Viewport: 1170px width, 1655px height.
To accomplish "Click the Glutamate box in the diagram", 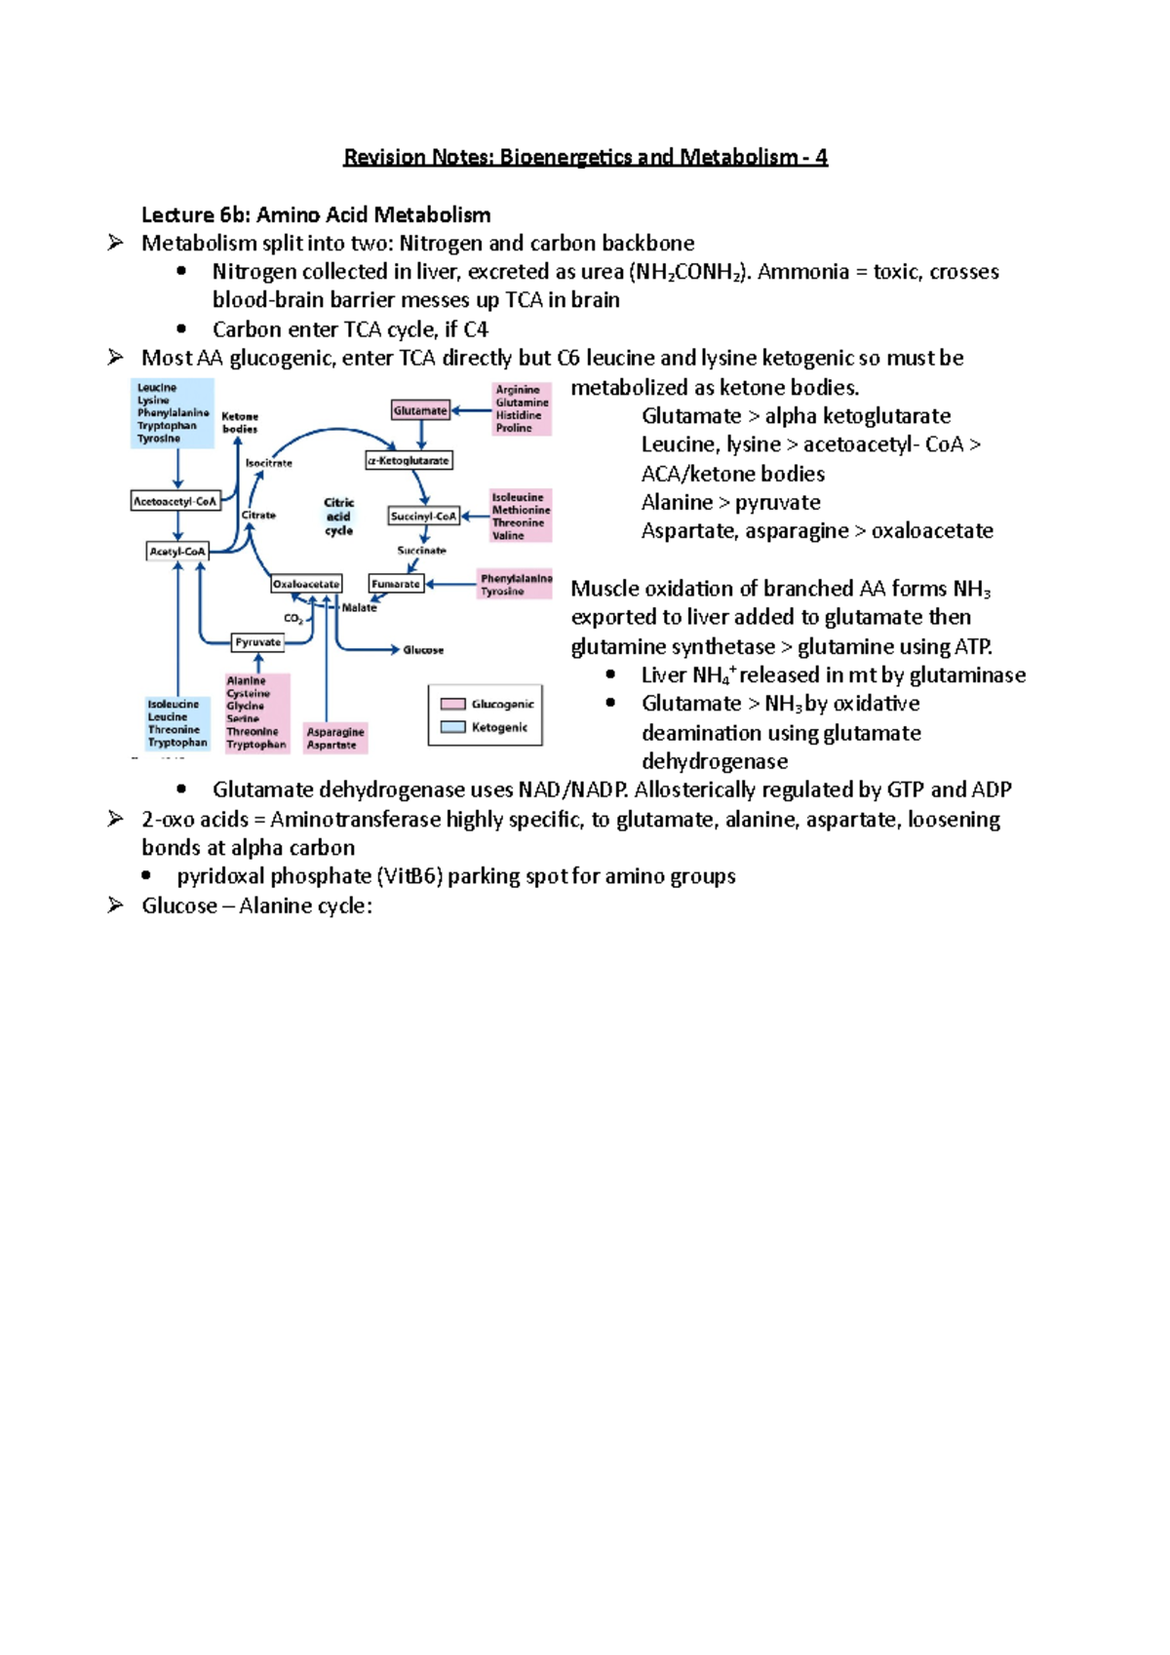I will pos(420,410).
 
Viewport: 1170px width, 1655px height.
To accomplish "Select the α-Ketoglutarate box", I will pos(409,460).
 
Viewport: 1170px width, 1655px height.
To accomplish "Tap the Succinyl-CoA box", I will pos(423,516).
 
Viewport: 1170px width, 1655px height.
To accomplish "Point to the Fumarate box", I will pos(396,584).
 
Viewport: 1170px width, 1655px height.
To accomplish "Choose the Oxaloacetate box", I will pos(306,584).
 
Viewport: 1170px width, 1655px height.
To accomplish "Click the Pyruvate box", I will pos(257,642).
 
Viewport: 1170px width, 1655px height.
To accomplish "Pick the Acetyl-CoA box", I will pos(177,551).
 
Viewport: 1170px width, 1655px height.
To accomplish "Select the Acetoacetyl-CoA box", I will pos(175,501).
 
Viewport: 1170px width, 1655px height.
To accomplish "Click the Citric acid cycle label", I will pos(338,517).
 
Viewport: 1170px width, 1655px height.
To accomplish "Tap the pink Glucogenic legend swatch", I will pos(452,704).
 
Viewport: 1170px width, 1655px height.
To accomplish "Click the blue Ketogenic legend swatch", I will pos(452,727).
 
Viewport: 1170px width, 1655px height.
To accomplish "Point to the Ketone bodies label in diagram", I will pos(240,422).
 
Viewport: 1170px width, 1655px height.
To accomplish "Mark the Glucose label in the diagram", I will pos(423,650).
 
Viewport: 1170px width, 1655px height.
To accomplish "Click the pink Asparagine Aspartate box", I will pos(335,738).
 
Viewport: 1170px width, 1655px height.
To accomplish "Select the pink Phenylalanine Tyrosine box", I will pos(516,584).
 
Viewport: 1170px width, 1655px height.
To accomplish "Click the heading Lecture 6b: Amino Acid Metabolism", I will pos(316,214).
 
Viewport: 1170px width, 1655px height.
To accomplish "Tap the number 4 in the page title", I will pos(821,157).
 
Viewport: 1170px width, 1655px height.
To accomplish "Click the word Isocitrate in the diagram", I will pos(268,463).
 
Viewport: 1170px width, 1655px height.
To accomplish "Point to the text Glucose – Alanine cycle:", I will pos(256,905).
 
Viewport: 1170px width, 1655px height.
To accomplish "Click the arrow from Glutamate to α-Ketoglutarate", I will pos(421,435).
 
